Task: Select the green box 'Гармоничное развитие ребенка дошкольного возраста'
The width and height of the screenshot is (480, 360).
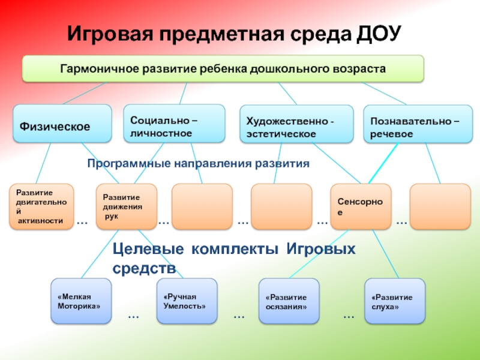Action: [x=223, y=68]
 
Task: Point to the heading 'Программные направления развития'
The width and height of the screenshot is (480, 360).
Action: [x=198, y=163]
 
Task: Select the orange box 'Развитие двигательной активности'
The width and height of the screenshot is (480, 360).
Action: [x=41, y=207]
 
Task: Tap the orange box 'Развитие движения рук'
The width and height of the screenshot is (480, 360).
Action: [x=126, y=207]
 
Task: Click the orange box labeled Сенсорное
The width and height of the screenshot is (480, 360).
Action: [x=361, y=207]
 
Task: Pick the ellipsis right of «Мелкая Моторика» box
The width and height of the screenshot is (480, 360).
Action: [x=133, y=315]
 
